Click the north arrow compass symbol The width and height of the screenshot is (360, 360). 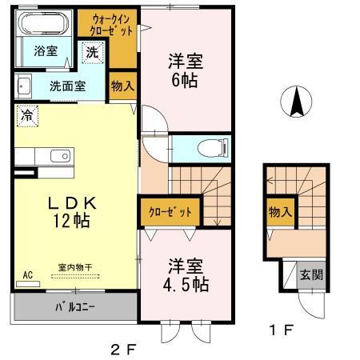click(297, 102)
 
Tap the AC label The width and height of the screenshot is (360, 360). click(27, 274)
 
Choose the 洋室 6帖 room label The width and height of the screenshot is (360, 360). click(185, 69)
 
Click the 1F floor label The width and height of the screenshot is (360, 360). click(282, 329)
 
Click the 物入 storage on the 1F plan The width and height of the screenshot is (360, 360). click(279, 213)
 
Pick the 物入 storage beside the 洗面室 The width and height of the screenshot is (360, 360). click(122, 85)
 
